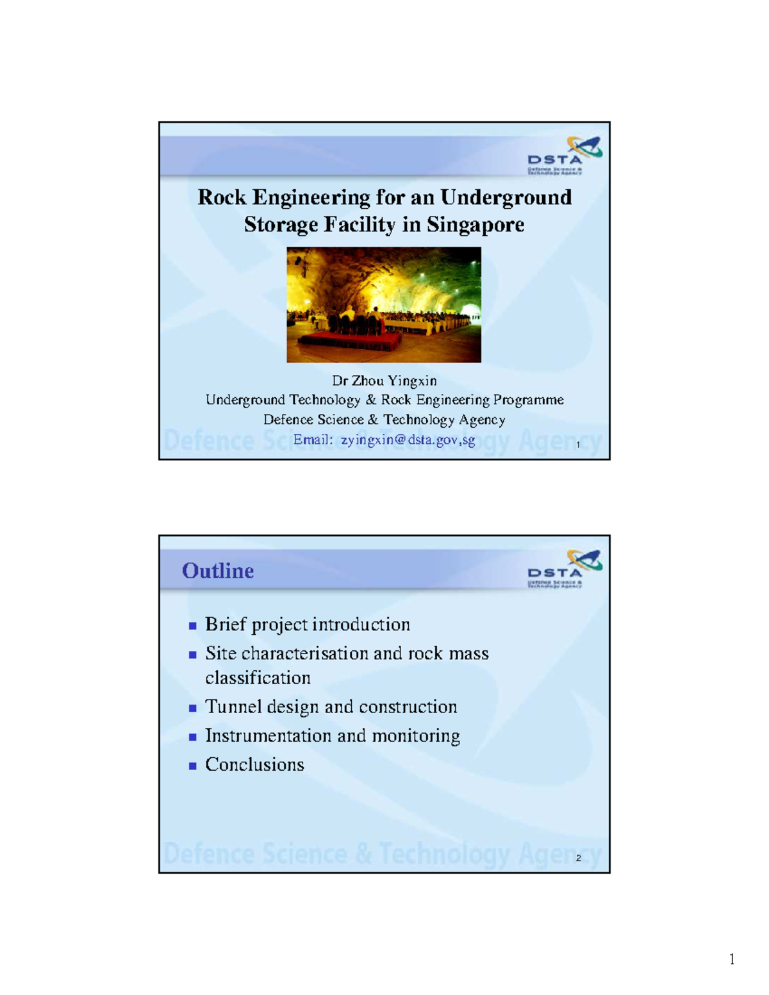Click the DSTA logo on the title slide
pyautogui.click(x=565, y=155)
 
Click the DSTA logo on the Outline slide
pyautogui.click(x=565, y=569)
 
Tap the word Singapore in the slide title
pyautogui.click(x=475, y=226)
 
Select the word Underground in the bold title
pyautogui.click(x=506, y=198)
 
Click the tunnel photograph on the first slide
pyautogui.click(x=384, y=304)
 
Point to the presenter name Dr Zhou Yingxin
pyautogui.click(x=384, y=381)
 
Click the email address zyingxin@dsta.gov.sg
pyautogui.click(x=408, y=440)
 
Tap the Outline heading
pyautogui.click(x=218, y=570)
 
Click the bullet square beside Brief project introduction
pyautogui.click(x=192, y=625)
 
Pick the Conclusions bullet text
pyautogui.click(x=254, y=765)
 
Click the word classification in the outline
pyautogui.click(x=258, y=678)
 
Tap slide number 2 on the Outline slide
pyautogui.click(x=579, y=858)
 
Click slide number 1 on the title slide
pyautogui.click(x=579, y=445)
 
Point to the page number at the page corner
pyautogui.click(x=732, y=959)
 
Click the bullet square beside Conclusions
pyautogui.click(x=192, y=766)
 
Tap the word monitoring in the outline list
pyautogui.click(x=416, y=736)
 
